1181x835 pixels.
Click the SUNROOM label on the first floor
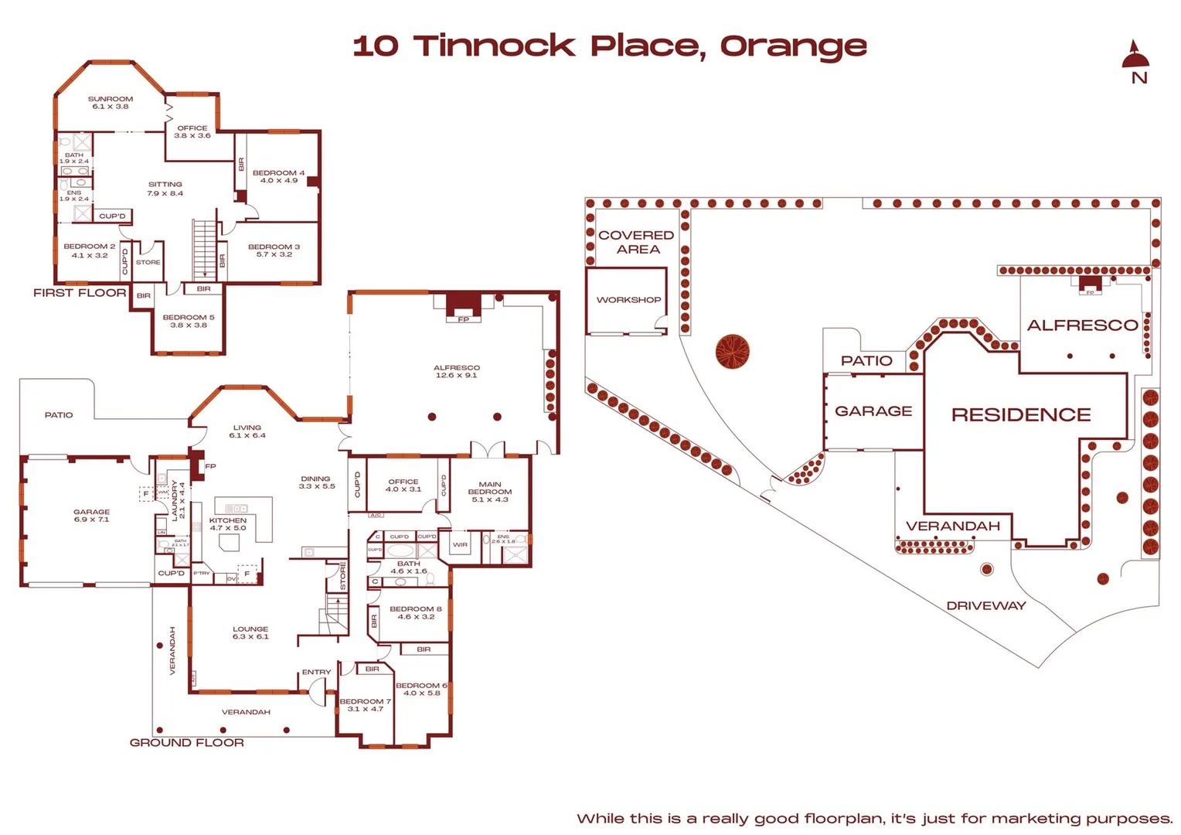click(x=111, y=103)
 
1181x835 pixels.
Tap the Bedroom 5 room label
click(x=189, y=321)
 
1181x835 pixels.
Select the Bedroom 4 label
click(x=278, y=176)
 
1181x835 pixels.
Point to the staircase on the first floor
click(x=204, y=249)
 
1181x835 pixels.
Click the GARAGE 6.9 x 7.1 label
click(x=91, y=516)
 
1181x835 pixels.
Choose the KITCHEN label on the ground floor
click(x=228, y=524)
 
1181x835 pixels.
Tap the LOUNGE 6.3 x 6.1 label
click(x=250, y=632)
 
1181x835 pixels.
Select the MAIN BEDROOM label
click(x=490, y=492)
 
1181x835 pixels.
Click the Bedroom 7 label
click(x=365, y=705)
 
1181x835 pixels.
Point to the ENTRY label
click(x=316, y=672)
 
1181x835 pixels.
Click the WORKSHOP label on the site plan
click(x=628, y=300)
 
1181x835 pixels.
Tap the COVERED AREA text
click(x=636, y=242)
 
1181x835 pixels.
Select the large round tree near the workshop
click(x=732, y=352)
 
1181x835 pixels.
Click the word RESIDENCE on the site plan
click(x=1020, y=415)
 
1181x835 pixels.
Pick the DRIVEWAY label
click(x=986, y=605)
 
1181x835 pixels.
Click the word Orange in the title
click(x=793, y=46)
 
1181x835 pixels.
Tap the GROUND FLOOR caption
click(x=187, y=742)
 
